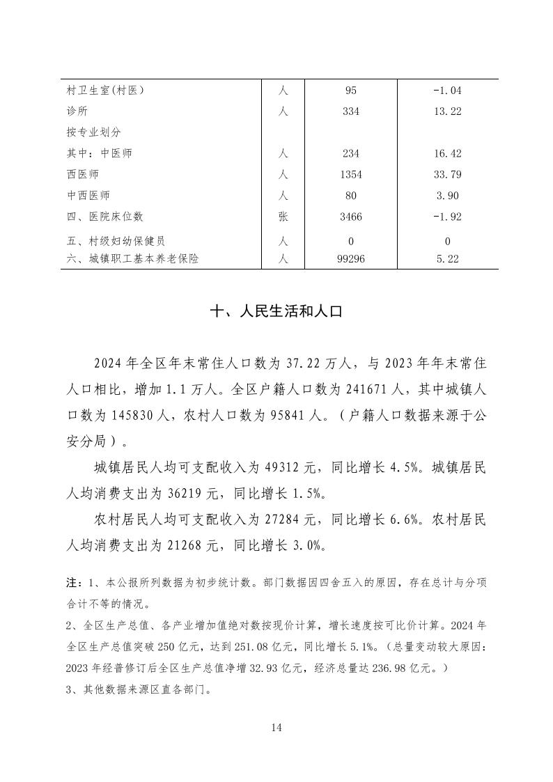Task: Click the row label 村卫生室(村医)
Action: (107, 91)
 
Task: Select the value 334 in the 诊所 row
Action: (351, 111)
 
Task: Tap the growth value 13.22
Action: (447, 111)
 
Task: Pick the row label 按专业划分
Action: (90, 132)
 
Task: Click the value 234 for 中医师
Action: (351, 153)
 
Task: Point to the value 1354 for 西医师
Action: (351, 174)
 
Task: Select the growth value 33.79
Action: (447, 174)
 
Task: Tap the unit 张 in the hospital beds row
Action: (283, 217)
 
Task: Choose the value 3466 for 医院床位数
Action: (351, 217)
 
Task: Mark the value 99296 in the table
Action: (351, 258)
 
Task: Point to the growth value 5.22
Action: (447, 258)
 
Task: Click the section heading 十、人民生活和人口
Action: (276, 313)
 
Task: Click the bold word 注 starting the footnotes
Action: (70, 581)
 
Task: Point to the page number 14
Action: (276, 728)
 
